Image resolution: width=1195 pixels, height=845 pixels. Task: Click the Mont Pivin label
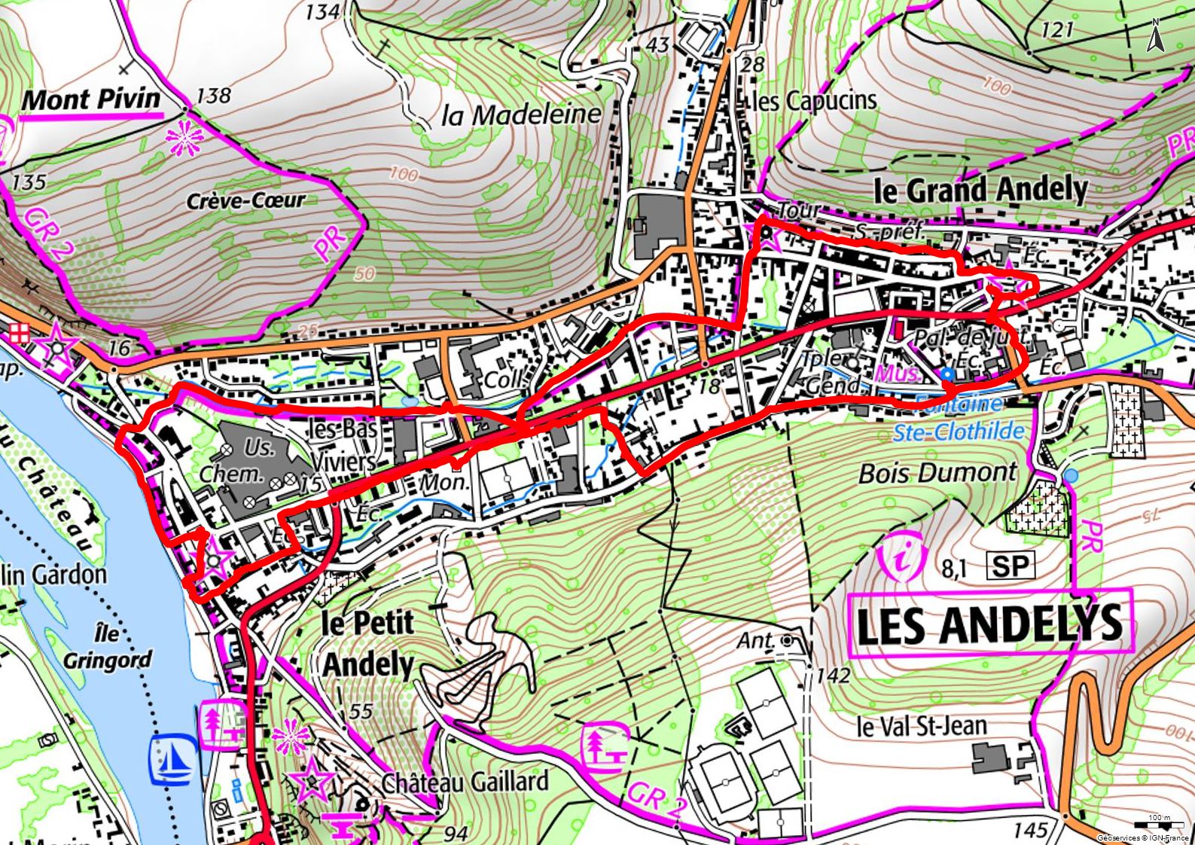[91, 99]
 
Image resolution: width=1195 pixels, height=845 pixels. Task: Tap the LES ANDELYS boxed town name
[989, 624]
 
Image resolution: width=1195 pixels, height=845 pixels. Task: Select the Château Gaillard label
[465, 782]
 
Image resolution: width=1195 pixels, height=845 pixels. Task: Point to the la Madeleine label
[521, 114]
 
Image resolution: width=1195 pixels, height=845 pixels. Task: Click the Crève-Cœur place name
[246, 201]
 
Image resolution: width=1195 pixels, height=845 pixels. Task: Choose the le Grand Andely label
[980, 190]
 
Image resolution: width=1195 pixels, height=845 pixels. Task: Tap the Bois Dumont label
[937, 473]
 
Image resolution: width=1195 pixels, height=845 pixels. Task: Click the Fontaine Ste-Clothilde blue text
[959, 419]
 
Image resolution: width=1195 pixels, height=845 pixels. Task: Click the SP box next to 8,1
[1009, 566]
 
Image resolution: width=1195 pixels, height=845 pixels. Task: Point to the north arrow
[1154, 35]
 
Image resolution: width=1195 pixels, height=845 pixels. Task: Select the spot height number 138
[213, 96]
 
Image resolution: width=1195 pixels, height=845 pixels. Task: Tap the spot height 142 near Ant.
[832, 675]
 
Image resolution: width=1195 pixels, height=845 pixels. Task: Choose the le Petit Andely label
[368, 644]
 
